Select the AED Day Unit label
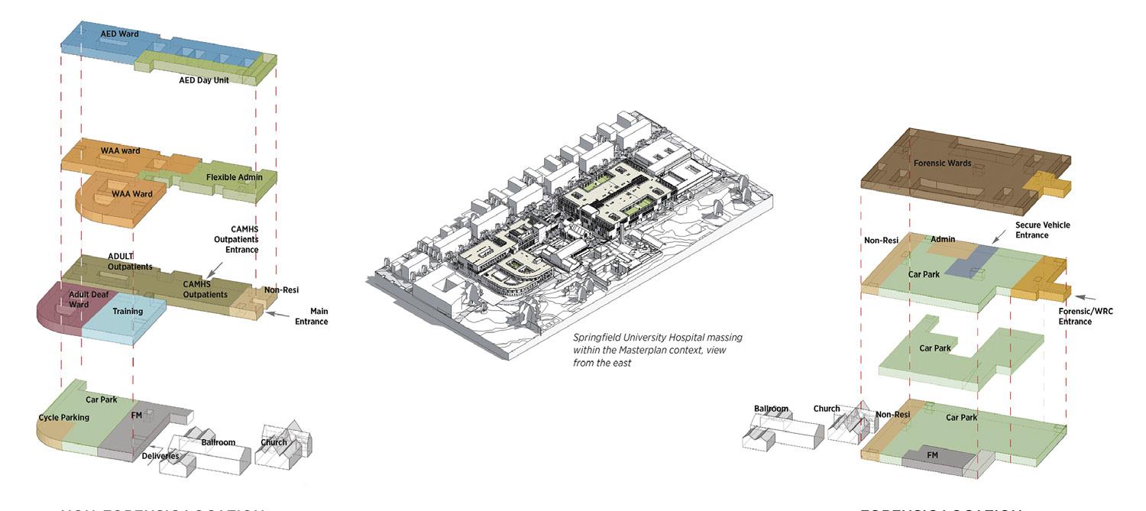tap(204, 79)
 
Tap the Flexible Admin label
tap(234, 177)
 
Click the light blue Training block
tap(126, 321)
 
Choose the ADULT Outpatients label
tap(130, 261)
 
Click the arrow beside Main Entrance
tap(280, 314)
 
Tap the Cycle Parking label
tap(64, 418)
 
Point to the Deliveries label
tap(160, 456)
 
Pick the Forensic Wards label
tap(942, 163)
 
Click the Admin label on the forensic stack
tap(943, 240)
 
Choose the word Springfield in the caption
tap(598, 338)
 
